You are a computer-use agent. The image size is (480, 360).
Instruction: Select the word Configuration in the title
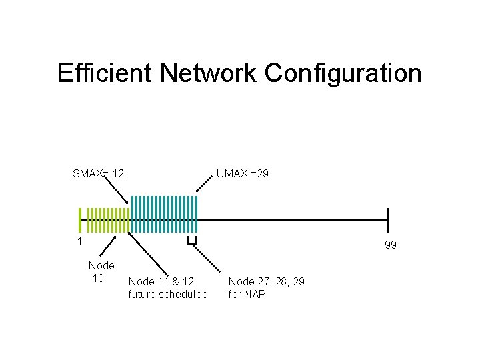pyautogui.click(x=343, y=73)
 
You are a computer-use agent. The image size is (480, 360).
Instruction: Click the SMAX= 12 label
pyautogui.click(x=98, y=174)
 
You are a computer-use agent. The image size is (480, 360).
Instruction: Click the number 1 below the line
pyautogui.click(x=79, y=241)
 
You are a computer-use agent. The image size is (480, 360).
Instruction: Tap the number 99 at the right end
pyautogui.click(x=391, y=245)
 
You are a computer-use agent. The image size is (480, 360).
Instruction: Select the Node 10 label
pyautogui.click(x=101, y=272)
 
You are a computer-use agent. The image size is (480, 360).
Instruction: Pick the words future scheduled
pyautogui.click(x=168, y=294)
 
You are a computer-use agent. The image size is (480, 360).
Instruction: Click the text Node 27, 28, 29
pyautogui.click(x=267, y=282)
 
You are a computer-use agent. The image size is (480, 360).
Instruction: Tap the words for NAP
pyautogui.click(x=247, y=294)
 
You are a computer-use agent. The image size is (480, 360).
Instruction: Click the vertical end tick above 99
pyautogui.click(x=388, y=219)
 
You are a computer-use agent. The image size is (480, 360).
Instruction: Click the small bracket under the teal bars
pyautogui.click(x=192, y=241)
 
